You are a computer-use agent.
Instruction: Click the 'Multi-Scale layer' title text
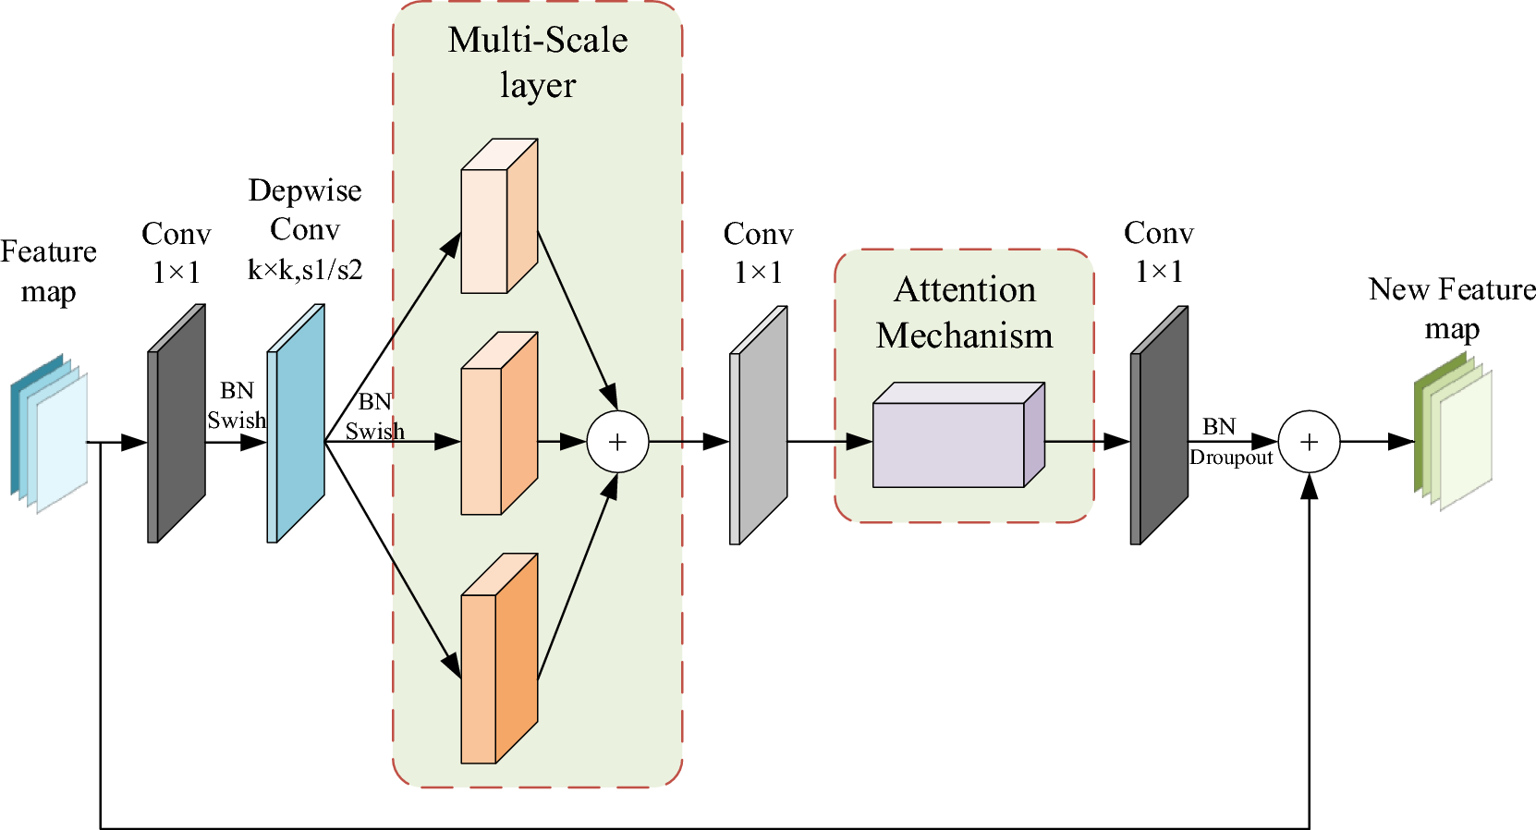[x=538, y=62]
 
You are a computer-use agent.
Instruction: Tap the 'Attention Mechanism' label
[x=964, y=312]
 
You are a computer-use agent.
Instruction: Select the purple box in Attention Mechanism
[x=950, y=442]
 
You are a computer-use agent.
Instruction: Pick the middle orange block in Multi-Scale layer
[x=497, y=430]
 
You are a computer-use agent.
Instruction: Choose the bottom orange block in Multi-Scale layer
[x=497, y=665]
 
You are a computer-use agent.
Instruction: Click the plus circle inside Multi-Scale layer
[x=617, y=442]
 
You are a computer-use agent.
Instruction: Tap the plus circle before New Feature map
[x=1309, y=442]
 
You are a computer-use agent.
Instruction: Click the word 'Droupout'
[x=1231, y=458]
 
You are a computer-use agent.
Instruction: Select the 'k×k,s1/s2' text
[x=305, y=270]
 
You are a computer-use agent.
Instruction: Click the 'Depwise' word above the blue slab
[x=305, y=190]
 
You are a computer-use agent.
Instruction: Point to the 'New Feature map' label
[x=1452, y=309]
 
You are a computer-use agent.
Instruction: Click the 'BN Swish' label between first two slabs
[x=237, y=406]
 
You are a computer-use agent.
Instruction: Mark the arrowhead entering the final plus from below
[x=1309, y=486]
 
